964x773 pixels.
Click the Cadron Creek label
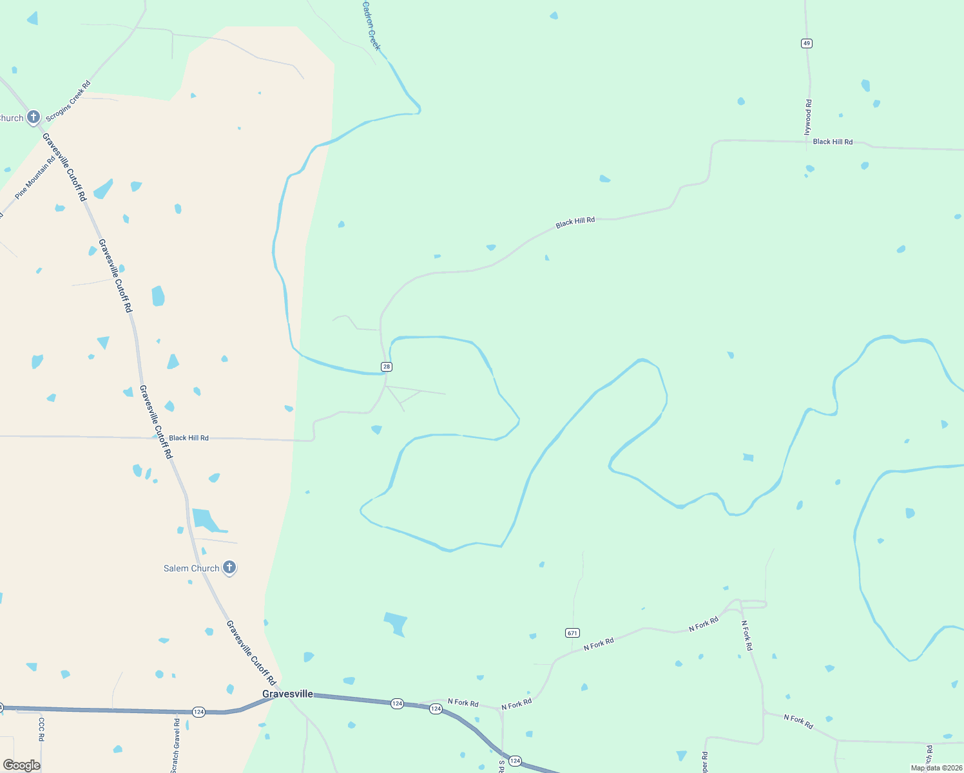pyautogui.click(x=371, y=26)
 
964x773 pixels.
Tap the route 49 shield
pyautogui.click(x=807, y=43)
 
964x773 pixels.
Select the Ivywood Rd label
pyautogui.click(x=808, y=117)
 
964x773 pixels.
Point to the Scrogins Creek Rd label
pyautogui.click(x=68, y=100)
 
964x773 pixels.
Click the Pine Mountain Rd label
pyautogui.click(x=35, y=177)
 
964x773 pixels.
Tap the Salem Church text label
pyautogui.click(x=191, y=568)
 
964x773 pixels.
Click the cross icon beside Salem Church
pyautogui.click(x=229, y=568)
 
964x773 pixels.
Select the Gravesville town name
pyautogui.click(x=287, y=694)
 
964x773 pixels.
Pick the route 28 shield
pyautogui.click(x=386, y=367)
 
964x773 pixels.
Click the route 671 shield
pyautogui.click(x=572, y=633)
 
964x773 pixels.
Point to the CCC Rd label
pyautogui.click(x=41, y=729)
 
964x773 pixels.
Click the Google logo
pyautogui.click(x=22, y=765)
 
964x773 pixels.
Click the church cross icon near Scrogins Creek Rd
pyautogui.click(x=34, y=117)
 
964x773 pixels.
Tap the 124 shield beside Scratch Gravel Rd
pyautogui.click(x=198, y=712)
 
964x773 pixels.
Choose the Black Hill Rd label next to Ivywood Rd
pyautogui.click(x=833, y=142)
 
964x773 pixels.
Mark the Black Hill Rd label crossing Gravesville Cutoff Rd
pyautogui.click(x=189, y=438)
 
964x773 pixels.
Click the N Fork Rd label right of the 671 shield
pyautogui.click(x=599, y=644)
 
